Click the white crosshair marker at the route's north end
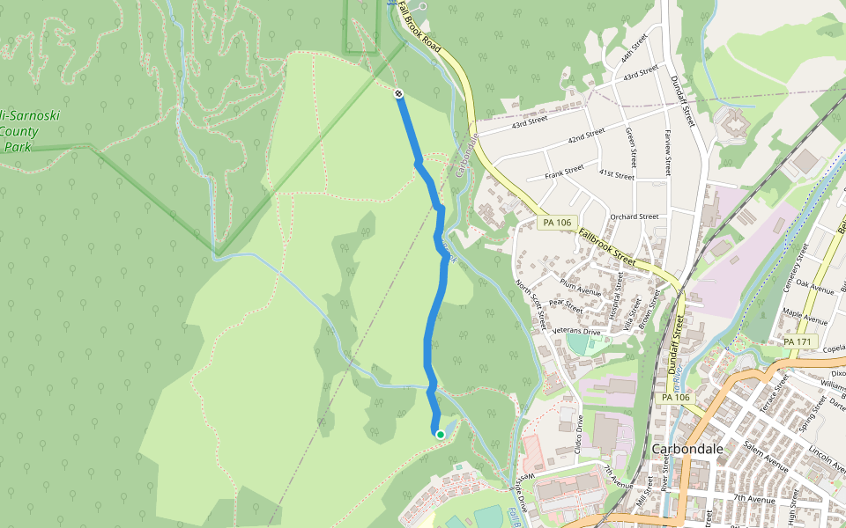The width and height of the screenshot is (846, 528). point(399,92)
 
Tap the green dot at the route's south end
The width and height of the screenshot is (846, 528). point(441,434)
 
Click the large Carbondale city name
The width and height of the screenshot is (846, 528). point(687,449)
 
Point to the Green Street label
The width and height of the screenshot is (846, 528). point(631,146)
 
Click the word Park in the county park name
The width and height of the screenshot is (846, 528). point(16,147)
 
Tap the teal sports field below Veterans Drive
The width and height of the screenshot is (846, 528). point(578,343)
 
